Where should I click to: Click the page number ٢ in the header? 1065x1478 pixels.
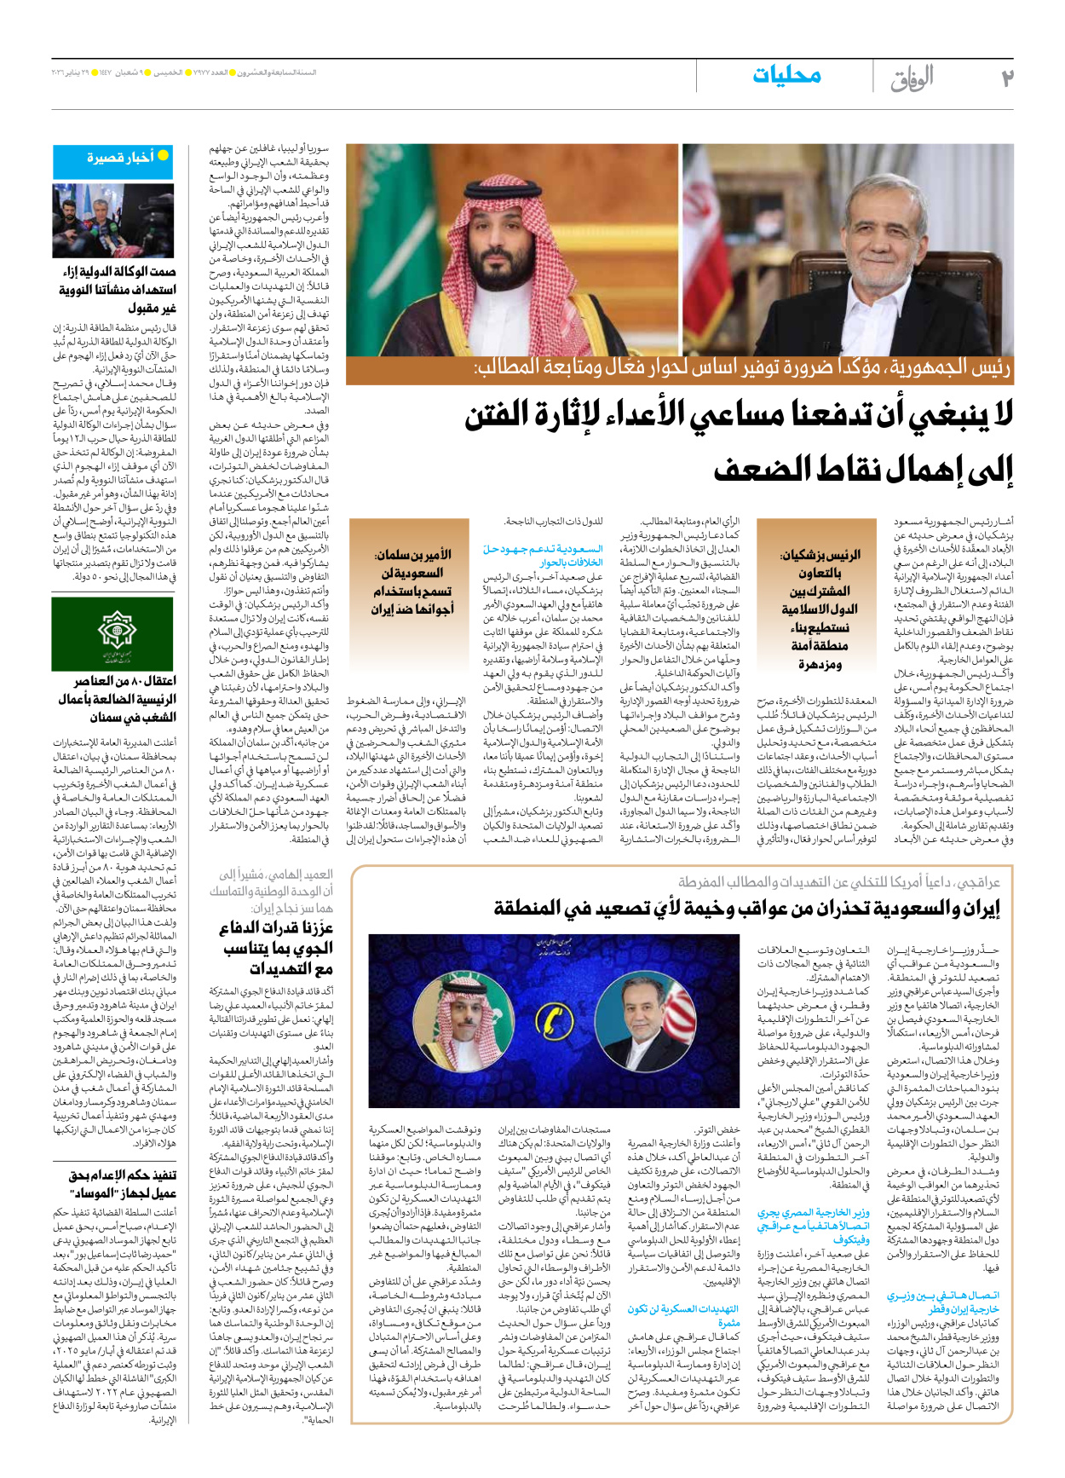tap(1006, 78)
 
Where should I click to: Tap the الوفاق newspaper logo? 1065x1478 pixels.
tap(912, 78)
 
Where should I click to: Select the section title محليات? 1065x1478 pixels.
tap(786, 76)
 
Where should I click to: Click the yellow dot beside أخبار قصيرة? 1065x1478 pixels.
tap(163, 156)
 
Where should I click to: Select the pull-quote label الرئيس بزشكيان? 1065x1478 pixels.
tap(820, 555)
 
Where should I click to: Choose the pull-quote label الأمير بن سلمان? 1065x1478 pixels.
tap(413, 555)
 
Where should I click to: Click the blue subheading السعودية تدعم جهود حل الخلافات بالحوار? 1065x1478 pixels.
tap(543, 556)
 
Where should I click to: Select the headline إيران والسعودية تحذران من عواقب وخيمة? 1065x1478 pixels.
tap(746, 909)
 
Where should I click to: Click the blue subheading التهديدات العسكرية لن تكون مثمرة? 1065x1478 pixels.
tap(684, 1315)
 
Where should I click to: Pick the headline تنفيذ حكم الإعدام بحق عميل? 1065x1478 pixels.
tap(122, 1184)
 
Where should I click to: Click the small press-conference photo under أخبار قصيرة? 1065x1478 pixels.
tap(113, 221)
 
